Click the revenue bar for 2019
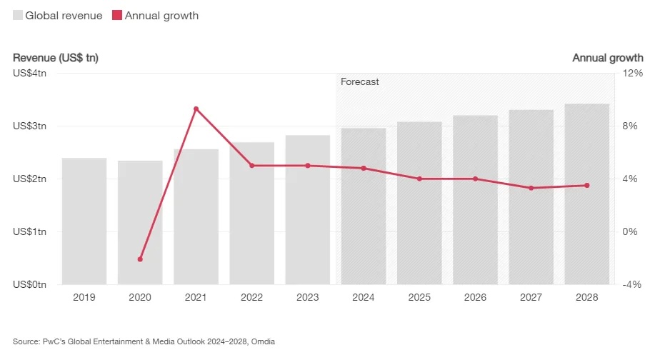click(x=84, y=221)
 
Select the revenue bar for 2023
click(x=308, y=210)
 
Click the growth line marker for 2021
click(x=196, y=109)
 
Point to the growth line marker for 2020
click(x=140, y=259)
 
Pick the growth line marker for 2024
click(x=364, y=169)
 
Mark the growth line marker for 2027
click(x=531, y=188)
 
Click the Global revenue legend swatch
click(x=18, y=16)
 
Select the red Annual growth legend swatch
click(x=117, y=16)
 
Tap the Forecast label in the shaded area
click(x=359, y=82)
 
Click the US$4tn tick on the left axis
click(x=29, y=74)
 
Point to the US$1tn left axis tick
click(x=29, y=231)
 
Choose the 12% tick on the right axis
click(x=632, y=74)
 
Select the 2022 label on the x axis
click(x=251, y=297)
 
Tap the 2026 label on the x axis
click(x=476, y=297)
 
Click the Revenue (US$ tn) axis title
click(x=55, y=58)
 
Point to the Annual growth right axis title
click(x=608, y=58)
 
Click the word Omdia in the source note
click(x=263, y=342)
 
